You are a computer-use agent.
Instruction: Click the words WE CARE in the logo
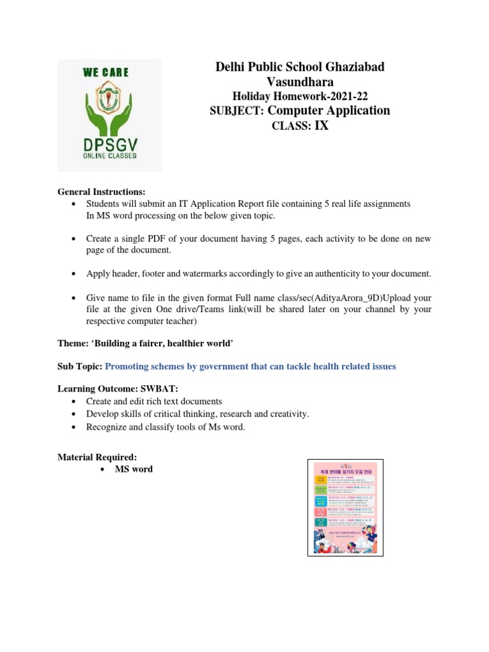coord(105,73)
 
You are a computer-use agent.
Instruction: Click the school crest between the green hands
coord(110,101)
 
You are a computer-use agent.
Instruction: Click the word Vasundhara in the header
coord(300,81)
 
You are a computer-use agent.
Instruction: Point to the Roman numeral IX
coord(322,125)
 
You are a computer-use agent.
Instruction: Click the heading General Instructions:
coord(101,192)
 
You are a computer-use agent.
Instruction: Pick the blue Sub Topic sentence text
coord(250,366)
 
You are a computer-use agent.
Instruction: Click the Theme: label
coord(73,343)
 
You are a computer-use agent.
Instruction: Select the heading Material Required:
coord(97,457)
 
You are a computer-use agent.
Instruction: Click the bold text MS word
coord(134,469)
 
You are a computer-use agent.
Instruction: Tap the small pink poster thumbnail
coord(344,507)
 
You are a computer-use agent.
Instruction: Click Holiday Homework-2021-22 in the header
coord(300,96)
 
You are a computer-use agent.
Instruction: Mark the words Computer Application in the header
coord(329,111)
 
